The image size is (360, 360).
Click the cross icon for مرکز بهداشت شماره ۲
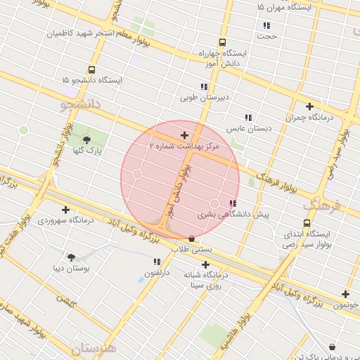tap(184, 134)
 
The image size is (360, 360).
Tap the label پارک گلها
tap(89, 150)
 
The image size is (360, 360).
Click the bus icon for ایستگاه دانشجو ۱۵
tap(91, 70)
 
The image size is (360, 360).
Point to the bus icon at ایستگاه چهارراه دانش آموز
tap(223, 42)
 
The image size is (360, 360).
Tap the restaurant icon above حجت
tap(266, 25)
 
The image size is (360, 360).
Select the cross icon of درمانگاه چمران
tap(309, 107)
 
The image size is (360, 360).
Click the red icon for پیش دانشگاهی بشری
tap(233, 203)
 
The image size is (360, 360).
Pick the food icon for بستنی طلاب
tap(193, 239)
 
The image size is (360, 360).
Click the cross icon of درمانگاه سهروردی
tap(65, 210)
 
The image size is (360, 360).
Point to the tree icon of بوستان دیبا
tap(71, 257)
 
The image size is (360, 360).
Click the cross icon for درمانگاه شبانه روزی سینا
tap(205, 265)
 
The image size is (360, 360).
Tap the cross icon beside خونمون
tap(345, 294)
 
